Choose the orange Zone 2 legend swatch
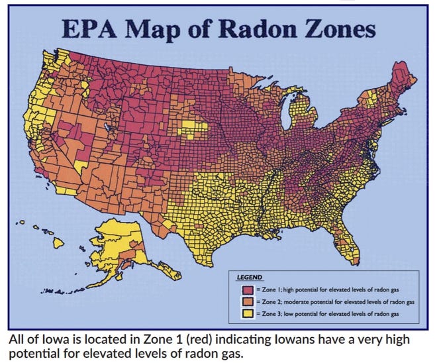[247, 301]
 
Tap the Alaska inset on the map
[120, 248]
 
